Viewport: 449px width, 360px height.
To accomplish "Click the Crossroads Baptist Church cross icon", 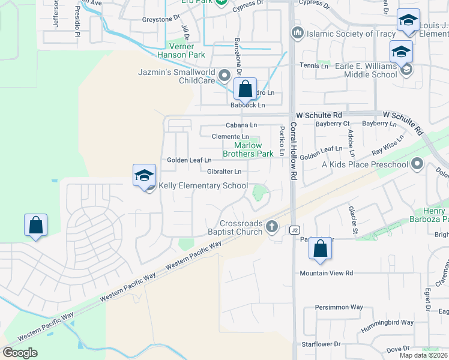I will [x=272, y=226].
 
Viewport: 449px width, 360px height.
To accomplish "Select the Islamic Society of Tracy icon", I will [x=296, y=32].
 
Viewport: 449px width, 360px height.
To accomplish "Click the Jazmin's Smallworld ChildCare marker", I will [x=224, y=76].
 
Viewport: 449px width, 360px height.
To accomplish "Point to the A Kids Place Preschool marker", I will [x=418, y=164].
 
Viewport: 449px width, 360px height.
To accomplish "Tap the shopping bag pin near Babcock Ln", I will [x=245, y=89].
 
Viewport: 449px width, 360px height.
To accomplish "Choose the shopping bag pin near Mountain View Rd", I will [x=321, y=248].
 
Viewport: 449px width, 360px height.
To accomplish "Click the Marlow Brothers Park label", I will [x=249, y=149].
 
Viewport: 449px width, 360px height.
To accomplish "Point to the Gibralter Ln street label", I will [x=224, y=172].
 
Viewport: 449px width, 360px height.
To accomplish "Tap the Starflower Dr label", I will [x=321, y=344].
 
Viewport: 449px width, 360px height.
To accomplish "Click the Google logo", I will [x=20, y=353].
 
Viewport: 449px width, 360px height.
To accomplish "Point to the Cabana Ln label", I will [x=241, y=125].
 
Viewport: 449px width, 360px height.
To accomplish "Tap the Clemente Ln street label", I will [x=230, y=137].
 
